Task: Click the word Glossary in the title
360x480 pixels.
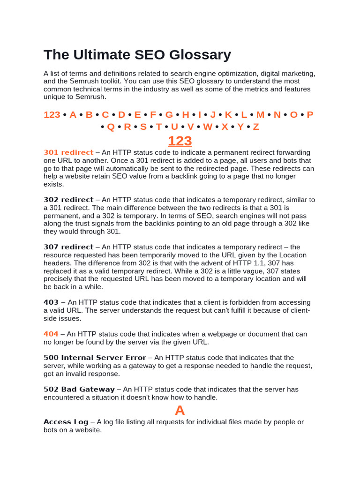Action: coord(199,55)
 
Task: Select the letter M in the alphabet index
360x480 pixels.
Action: coord(261,115)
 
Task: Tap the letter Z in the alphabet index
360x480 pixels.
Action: coord(256,127)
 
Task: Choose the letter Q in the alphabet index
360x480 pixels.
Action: coord(111,127)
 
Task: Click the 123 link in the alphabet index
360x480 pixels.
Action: coord(52,115)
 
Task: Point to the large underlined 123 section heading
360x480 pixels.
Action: coord(180,141)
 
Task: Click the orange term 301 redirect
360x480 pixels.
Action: coord(68,153)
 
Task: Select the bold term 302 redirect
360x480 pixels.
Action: coord(68,200)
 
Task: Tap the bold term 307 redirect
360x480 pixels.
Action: coord(68,247)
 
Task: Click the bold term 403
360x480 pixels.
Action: coord(51,302)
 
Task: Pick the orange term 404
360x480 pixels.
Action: coord(51,334)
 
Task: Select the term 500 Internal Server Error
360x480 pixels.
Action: coord(95,358)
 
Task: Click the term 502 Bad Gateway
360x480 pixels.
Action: coord(79,389)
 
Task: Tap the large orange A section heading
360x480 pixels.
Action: coord(180,411)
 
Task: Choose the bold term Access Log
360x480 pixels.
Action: coord(66,422)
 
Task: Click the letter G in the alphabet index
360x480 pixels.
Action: coord(169,115)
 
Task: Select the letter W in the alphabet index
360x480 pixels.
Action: coord(208,127)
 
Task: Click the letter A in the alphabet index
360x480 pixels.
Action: coord(73,115)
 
